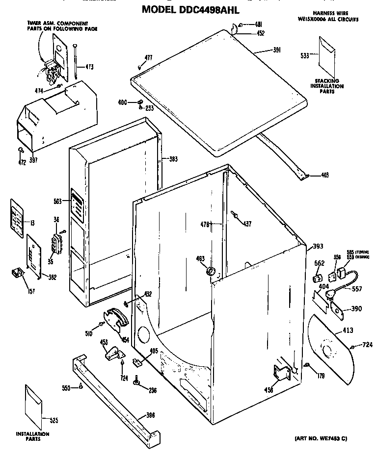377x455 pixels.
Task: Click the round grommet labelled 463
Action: pos(212,271)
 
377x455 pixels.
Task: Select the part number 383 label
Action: pos(173,159)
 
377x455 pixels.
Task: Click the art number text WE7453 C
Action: pos(321,438)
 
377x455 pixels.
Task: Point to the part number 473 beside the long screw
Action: pos(90,67)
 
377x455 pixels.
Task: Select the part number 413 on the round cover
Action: pos(348,330)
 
